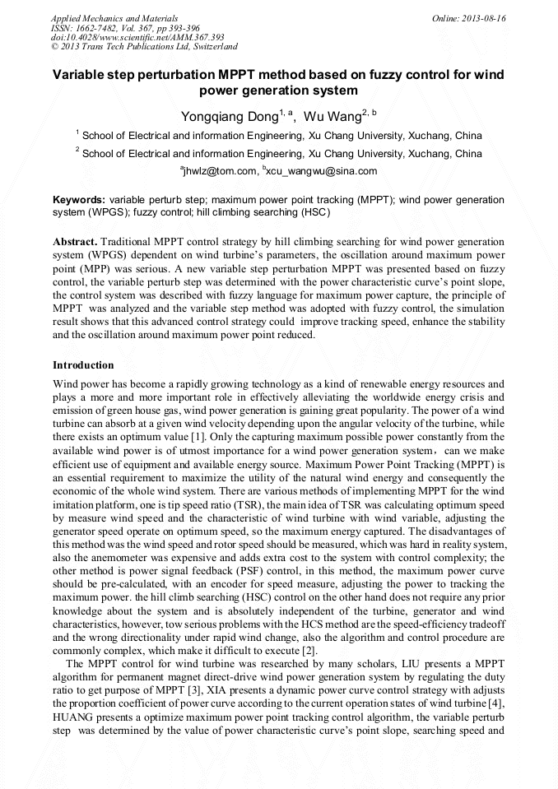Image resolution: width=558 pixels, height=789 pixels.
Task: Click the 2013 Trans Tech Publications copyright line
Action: tap(144, 47)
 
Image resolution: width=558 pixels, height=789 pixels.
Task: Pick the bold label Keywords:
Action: tap(79, 200)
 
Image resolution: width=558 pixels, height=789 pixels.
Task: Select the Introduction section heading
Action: tap(83, 364)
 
